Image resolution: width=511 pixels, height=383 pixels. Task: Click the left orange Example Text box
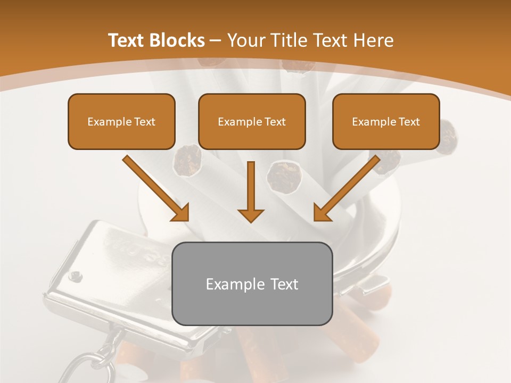tap(121, 121)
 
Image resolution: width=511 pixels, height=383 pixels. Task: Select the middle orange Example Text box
tap(252, 121)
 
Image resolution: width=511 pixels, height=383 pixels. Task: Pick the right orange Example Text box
tap(386, 121)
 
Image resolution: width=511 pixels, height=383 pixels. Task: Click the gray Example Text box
tap(252, 284)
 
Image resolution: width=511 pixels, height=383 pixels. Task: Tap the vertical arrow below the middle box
tap(251, 191)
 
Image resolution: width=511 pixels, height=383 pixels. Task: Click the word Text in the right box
tap(409, 121)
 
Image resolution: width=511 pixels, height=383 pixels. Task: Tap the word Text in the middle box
tap(275, 121)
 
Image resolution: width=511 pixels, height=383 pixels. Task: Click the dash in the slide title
tap(216, 40)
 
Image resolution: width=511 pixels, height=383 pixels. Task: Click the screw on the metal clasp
tap(76, 276)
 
